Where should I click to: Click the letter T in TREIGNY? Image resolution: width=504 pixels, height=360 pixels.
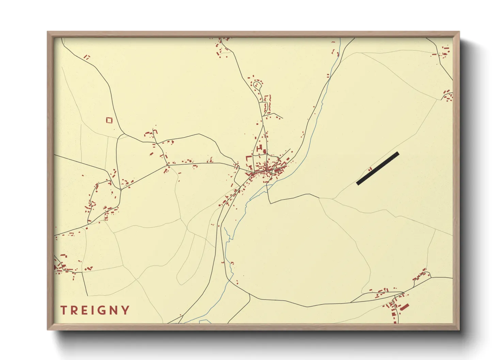tap(64, 310)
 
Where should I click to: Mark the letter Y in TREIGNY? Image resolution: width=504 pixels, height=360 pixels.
tap(125, 310)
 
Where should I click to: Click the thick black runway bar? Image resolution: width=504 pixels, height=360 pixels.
tap(378, 168)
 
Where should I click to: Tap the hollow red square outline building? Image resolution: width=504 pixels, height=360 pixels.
tap(109, 120)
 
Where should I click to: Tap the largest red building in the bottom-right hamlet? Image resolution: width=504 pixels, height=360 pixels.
tap(404, 308)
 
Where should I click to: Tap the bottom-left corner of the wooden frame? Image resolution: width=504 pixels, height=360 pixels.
tap(48, 329)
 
